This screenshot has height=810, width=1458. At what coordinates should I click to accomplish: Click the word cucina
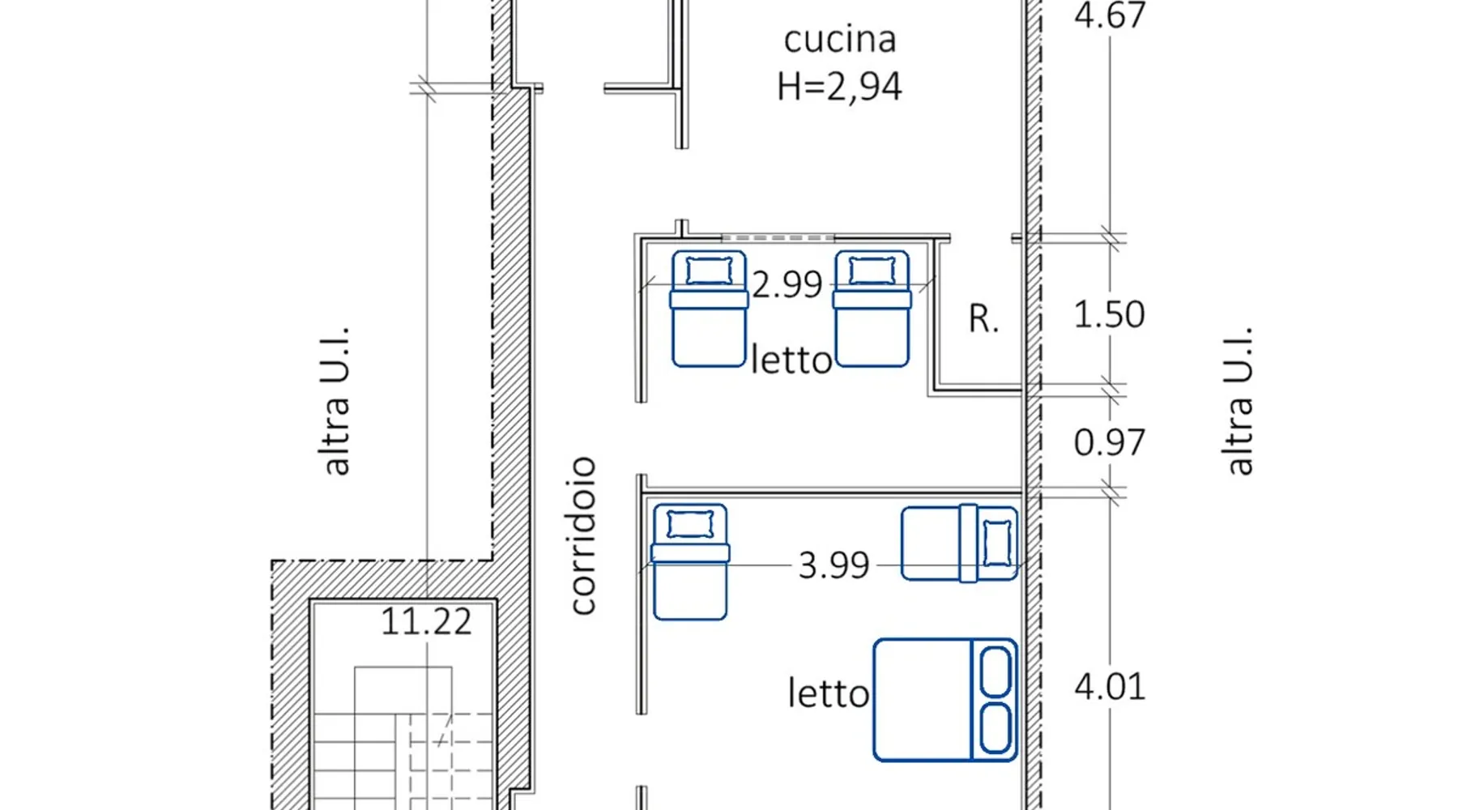(x=840, y=40)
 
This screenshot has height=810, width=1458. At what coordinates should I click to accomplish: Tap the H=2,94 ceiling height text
(x=839, y=87)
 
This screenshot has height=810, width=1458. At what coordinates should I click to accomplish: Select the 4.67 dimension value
(x=1110, y=15)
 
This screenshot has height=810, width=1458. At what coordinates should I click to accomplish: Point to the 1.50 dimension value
(x=1109, y=314)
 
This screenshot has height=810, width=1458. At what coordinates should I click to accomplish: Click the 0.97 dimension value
(x=1109, y=442)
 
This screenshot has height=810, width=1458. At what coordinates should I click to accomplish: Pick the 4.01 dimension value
(x=1110, y=687)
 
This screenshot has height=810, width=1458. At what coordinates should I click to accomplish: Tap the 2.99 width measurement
(x=787, y=284)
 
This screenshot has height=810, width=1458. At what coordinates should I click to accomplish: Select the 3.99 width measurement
(x=833, y=565)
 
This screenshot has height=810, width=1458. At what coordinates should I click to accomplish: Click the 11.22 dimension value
(x=426, y=621)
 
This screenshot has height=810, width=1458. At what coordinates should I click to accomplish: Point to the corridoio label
(x=583, y=535)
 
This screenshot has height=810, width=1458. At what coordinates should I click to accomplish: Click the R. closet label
(x=983, y=318)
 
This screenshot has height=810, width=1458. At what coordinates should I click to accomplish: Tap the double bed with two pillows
(x=945, y=700)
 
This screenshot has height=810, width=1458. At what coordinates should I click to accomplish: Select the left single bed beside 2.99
(x=709, y=309)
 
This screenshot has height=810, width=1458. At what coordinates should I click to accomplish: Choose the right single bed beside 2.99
(x=872, y=309)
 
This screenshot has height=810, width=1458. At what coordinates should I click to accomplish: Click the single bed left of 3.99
(x=690, y=562)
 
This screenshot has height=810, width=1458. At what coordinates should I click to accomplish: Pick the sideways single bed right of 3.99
(x=959, y=543)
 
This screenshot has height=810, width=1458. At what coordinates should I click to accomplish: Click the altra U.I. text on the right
(x=1238, y=401)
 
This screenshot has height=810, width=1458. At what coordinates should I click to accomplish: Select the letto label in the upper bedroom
(x=791, y=360)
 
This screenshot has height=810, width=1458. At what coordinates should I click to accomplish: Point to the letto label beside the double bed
(x=829, y=693)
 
